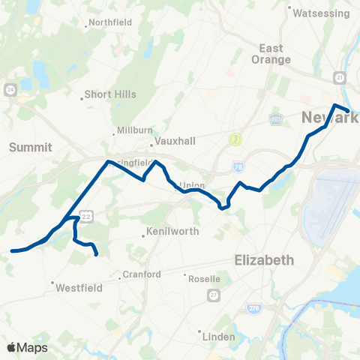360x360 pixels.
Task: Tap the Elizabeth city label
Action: [263, 260]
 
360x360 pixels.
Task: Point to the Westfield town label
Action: [74, 286]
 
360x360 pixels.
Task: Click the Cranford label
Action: [142, 274]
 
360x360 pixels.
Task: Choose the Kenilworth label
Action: [173, 232]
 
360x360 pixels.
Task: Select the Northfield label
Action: [110, 22]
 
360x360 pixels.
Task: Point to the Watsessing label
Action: [321, 13]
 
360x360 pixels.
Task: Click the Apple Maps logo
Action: [27, 347]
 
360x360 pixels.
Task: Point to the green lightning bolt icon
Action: [235, 139]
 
